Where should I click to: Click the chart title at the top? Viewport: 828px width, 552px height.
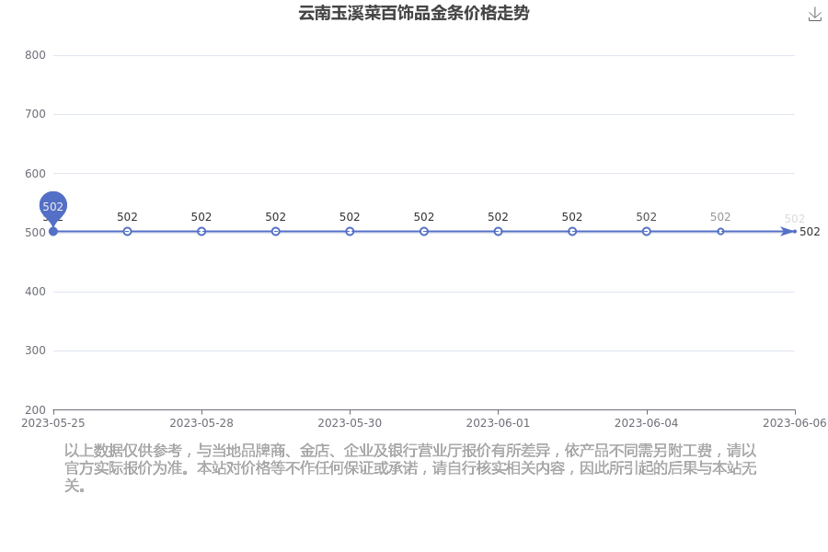[x=413, y=13]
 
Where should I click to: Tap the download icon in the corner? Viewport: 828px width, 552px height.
[x=815, y=15]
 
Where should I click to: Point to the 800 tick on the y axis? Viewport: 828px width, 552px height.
[x=35, y=55]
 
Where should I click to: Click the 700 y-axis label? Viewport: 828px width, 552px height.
[x=35, y=114]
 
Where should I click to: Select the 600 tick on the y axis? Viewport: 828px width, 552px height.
[x=35, y=173]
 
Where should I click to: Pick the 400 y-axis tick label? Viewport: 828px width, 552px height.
[x=35, y=292]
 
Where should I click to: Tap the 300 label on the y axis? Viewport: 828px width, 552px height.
[x=35, y=351]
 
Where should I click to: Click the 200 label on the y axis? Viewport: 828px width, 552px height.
[x=35, y=410]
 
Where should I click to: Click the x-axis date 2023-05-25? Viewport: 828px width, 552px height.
[x=52, y=423]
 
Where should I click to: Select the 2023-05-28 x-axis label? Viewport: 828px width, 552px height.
[x=201, y=423]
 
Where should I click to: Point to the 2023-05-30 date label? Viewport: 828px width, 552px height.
[x=350, y=423]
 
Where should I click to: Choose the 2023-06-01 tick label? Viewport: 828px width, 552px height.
[x=498, y=423]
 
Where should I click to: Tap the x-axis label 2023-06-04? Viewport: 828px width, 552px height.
[x=647, y=423]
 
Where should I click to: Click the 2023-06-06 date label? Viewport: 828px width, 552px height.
[x=795, y=423]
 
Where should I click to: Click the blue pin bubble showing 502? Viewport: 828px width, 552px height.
[x=52, y=206]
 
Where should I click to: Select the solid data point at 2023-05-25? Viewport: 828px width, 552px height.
[x=52, y=231]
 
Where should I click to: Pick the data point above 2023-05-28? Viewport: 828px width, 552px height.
[x=201, y=231]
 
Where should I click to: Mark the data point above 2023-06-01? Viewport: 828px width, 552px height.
[x=498, y=231]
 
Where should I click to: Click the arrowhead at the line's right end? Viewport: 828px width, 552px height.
[x=788, y=231]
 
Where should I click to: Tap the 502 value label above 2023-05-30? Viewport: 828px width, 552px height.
[x=350, y=217]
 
